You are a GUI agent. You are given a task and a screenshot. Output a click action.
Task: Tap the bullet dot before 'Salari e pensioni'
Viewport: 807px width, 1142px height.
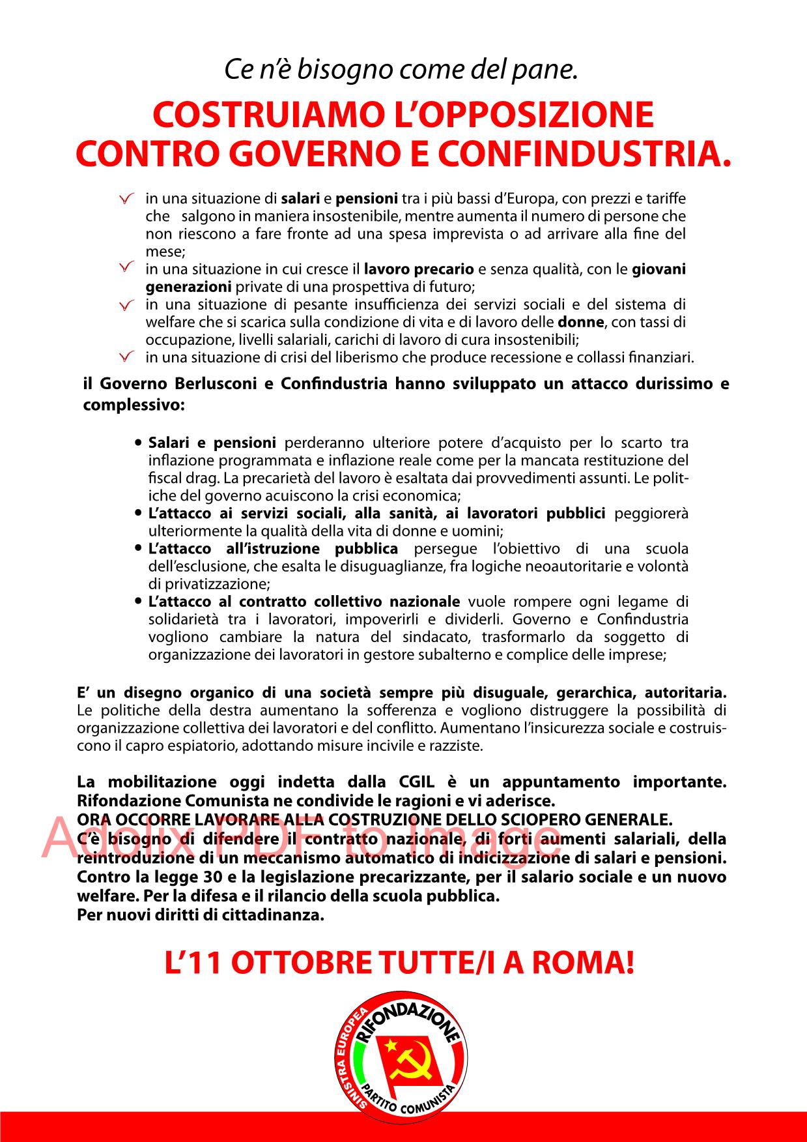point(138,443)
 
